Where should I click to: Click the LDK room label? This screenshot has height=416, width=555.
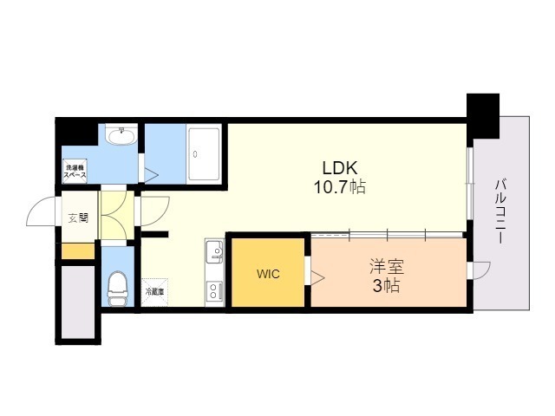341,167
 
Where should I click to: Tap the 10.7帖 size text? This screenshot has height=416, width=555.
341,185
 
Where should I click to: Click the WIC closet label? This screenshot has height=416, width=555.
268,274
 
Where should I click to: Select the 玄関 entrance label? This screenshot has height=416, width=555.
77,217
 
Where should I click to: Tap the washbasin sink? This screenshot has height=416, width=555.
120,135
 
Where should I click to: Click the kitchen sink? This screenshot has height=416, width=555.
214,254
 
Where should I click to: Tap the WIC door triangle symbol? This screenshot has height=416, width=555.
317,277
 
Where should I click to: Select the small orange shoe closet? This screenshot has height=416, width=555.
77,251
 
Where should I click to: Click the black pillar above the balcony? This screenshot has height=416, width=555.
484,114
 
